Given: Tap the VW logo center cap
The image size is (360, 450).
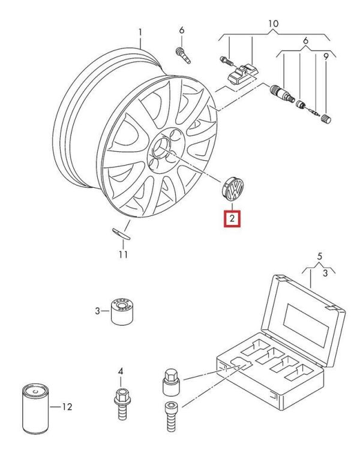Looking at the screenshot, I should [x=231, y=190].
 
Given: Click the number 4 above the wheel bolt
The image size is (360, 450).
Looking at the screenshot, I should [x=120, y=372].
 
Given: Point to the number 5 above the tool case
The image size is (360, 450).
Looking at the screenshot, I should [x=319, y=256].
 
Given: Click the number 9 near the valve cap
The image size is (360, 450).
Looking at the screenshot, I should [x=326, y=57].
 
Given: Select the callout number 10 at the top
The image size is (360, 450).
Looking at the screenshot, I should [x=273, y=24].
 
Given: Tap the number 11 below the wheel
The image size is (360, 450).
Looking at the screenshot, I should [x=123, y=254].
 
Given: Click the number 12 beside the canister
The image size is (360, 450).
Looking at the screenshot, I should [x=67, y=407].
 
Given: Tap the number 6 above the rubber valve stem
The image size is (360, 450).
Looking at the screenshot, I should [x=181, y=30].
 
